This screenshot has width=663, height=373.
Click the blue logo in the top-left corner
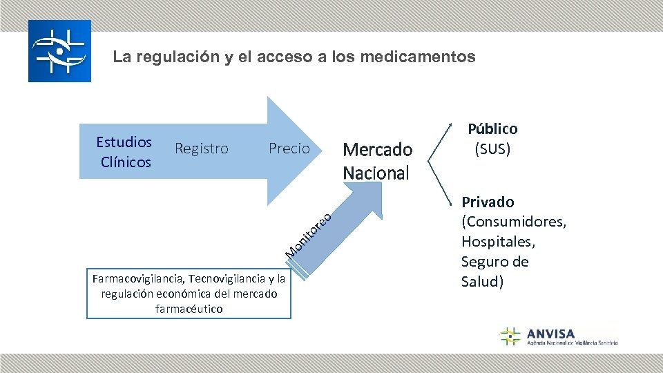click(59, 51)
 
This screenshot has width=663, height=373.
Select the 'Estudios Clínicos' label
click(124, 152)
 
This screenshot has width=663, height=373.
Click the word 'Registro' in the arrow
click(202, 149)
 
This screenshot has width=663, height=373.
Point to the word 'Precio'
click(289, 149)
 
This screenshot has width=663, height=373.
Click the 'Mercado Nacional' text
click(377, 160)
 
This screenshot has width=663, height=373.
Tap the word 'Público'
click(492, 128)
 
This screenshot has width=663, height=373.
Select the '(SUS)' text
click(492, 149)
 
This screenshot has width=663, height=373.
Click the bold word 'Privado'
click(488, 202)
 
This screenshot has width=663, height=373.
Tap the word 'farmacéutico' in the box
click(189, 309)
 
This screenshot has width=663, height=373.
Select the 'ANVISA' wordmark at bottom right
click(550, 333)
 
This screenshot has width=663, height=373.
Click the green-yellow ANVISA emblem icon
click(510, 336)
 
